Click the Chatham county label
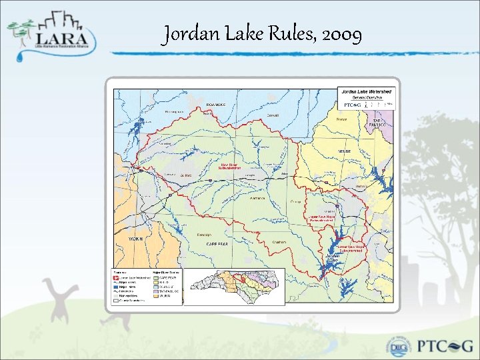279,241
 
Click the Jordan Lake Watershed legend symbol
116,277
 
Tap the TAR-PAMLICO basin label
381,121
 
